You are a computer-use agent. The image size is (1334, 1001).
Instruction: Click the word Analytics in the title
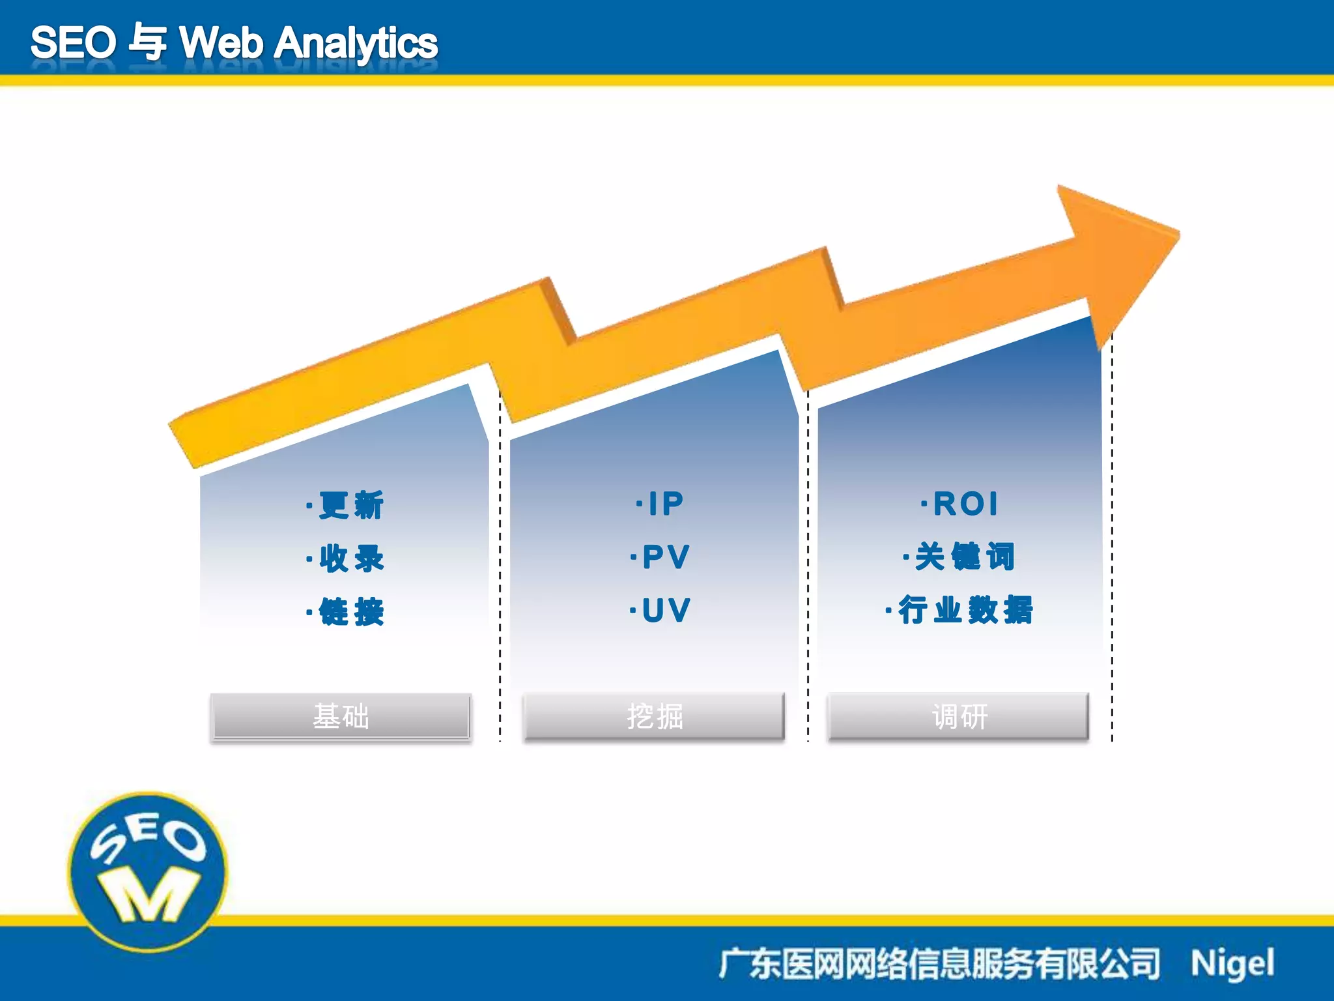tap(356, 44)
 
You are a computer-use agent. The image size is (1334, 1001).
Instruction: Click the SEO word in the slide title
tap(73, 43)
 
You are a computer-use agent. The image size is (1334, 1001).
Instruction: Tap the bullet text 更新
tap(350, 506)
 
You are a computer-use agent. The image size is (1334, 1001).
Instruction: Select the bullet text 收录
tap(350, 559)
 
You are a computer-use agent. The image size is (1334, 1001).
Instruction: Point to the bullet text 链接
tap(350, 612)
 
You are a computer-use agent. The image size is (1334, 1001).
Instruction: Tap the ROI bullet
tap(965, 504)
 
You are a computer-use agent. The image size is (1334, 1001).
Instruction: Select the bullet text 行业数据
tap(965, 611)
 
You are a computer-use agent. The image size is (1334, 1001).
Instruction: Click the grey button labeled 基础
tap(341, 716)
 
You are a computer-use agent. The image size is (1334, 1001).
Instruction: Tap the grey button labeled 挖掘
tap(655, 716)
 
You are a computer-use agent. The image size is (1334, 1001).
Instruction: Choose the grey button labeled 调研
tap(959, 716)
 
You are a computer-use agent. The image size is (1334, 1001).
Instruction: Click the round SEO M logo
tap(149, 871)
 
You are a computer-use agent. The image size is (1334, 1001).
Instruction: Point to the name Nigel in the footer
tap(1232, 964)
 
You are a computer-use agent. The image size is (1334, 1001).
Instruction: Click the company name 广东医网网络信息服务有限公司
tap(939, 964)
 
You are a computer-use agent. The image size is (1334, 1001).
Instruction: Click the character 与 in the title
tap(148, 43)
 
